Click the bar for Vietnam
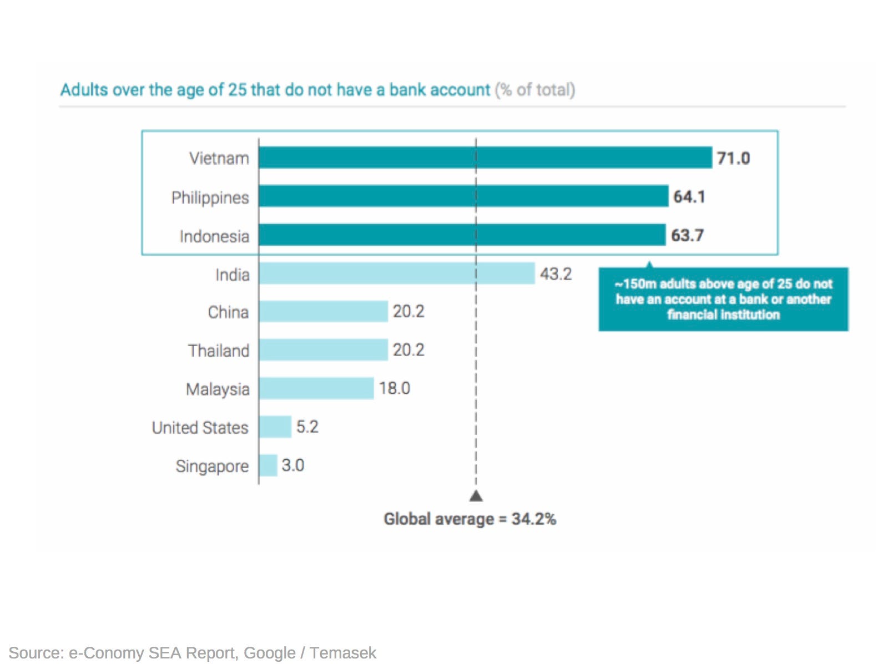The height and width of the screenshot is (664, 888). [x=485, y=158]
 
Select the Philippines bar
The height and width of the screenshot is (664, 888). [x=463, y=196]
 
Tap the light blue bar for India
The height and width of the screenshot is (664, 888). [x=396, y=273]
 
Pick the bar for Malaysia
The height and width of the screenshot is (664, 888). [x=316, y=388]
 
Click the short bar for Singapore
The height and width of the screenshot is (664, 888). [x=268, y=465]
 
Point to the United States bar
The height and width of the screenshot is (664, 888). [x=275, y=427]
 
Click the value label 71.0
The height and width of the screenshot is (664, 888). [x=733, y=159]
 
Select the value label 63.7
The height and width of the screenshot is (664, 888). [x=687, y=236]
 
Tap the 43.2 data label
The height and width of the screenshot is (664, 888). [x=555, y=274]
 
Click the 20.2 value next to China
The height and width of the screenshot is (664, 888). [x=408, y=312]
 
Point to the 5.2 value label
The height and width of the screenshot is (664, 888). [x=307, y=427]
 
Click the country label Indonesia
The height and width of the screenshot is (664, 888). [x=214, y=237]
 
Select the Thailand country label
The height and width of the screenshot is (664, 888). [x=218, y=351]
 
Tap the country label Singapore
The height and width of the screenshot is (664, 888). [x=212, y=467]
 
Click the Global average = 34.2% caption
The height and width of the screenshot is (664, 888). [x=470, y=519]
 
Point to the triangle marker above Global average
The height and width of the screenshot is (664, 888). [x=476, y=496]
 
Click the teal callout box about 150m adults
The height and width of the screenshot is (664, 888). [x=723, y=300]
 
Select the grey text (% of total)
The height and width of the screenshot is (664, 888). [x=534, y=90]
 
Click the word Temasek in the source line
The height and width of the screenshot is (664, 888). [x=343, y=653]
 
